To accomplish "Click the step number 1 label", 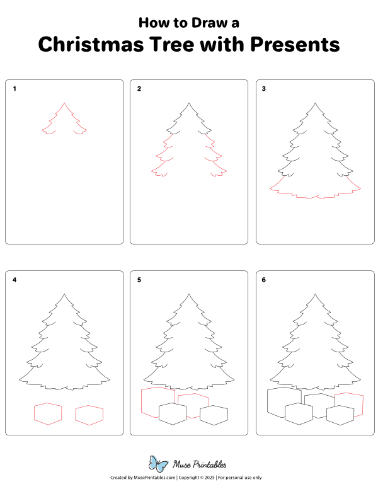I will (x=14, y=89).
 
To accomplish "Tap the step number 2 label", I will (x=139, y=89).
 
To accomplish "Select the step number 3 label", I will (x=264, y=89).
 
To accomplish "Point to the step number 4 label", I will (x=14, y=280).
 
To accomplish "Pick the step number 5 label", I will (x=139, y=280).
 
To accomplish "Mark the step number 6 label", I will (x=264, y=280).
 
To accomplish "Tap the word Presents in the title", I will (x=295, y=45).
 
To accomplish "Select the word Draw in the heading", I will (x=203, y=23).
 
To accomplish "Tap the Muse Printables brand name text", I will (x=201, y=464).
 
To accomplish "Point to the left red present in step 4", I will (x=48, y=413).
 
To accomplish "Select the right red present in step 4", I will (x=89, y=414).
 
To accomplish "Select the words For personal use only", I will (x=240, y=478).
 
